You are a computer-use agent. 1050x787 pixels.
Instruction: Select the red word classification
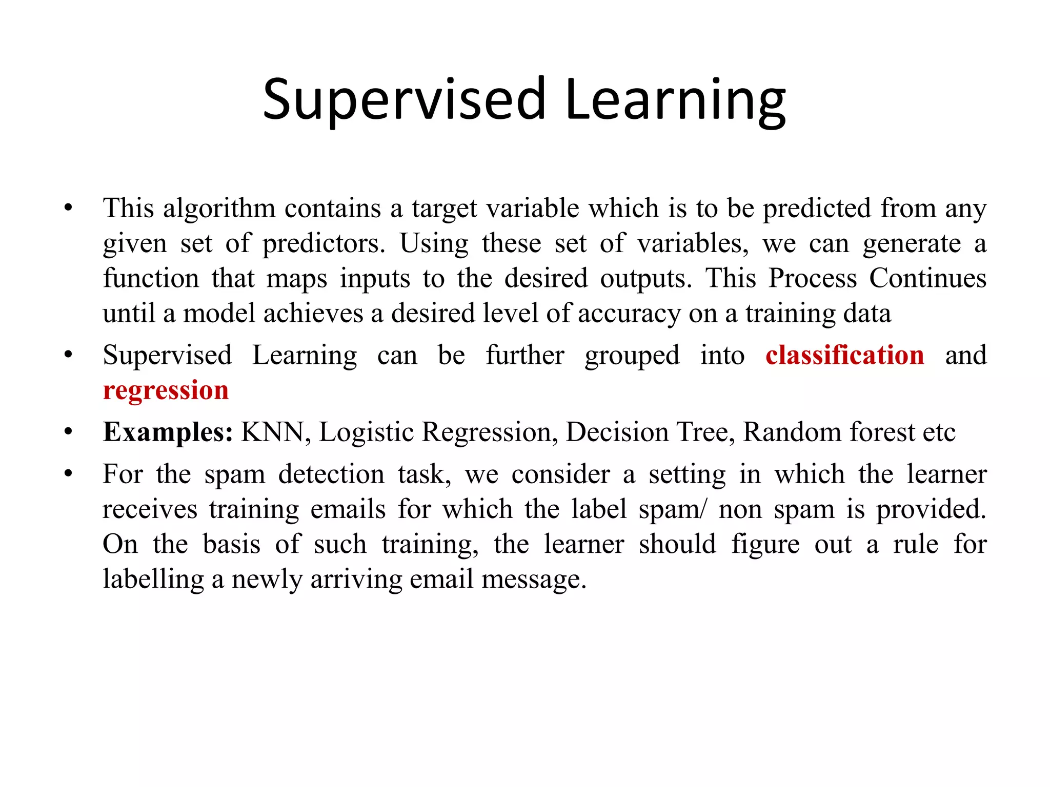tap(844, 355)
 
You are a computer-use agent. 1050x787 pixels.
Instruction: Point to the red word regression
tap(166, 390)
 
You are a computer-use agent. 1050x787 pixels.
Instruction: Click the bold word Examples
tap(168, 432)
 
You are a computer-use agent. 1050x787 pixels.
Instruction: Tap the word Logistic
tap(366, 432)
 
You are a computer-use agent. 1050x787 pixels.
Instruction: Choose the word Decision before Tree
tap(617, 432)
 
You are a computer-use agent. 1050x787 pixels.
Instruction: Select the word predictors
tap(324, 243)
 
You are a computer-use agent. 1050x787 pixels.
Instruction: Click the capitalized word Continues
tap(927, 278)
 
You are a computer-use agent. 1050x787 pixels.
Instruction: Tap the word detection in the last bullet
tap(331, 474)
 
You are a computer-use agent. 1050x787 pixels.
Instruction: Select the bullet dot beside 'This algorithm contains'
tap(68, 209)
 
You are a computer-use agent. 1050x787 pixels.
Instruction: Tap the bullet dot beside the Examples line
tap(68, 432)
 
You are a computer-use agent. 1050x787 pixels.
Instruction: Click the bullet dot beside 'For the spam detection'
tap(68, 474)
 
